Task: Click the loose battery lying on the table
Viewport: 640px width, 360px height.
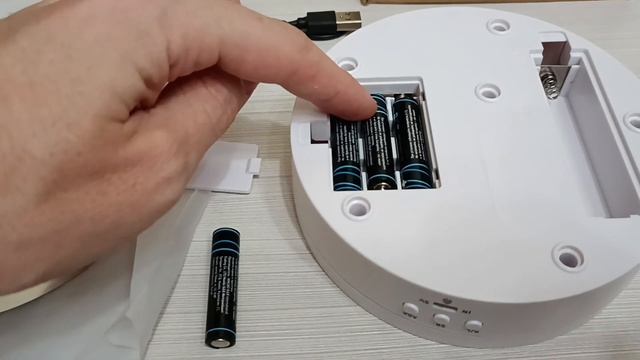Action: pos(223,286)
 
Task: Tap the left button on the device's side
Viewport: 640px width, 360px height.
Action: pos(410,310)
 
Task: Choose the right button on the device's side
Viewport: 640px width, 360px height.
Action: pos(473,326)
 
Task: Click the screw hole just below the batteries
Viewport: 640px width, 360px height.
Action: pos(357,207)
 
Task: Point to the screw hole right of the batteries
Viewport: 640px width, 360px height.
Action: pos(488,92)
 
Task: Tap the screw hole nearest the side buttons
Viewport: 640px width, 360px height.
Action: pos(567,258)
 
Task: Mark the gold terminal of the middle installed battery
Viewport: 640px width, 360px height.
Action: pos(381,182)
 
